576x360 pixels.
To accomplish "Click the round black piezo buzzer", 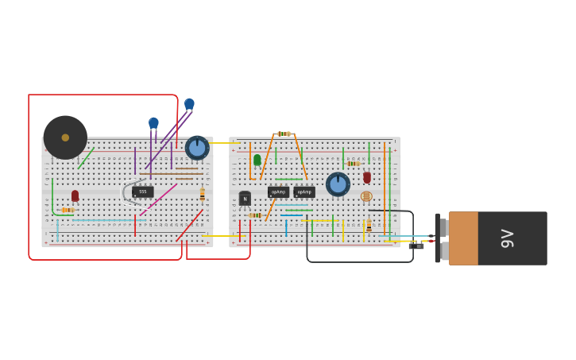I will (65, 137).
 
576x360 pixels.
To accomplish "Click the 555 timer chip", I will (143, 192).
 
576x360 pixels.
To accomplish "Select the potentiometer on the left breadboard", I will (197, 148).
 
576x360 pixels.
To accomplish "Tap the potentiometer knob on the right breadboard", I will (338, 184).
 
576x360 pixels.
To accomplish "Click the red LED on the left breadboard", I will (75, 195).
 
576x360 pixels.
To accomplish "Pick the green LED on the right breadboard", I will (257, 160).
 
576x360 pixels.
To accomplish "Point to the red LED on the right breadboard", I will (367, 177).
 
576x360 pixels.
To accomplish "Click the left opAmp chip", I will (278, 192).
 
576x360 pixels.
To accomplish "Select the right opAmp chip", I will (304, 192).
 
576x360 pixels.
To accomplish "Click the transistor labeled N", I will (245, 199).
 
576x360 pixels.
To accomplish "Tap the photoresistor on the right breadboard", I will (366, 196).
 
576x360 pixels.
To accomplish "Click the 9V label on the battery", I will (507, 238).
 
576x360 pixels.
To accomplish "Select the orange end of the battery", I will (463, 238).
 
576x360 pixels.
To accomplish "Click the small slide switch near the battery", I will (416, 246).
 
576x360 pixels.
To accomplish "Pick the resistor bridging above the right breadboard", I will (283, 134).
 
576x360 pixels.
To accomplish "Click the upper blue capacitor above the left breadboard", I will (189, 103).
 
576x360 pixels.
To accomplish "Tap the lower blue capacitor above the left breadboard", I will (153, 123).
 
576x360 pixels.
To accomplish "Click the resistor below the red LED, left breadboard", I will (68, 210).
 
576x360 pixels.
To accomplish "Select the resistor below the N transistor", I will (254, 215).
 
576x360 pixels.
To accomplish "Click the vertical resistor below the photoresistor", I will (369, 226).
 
